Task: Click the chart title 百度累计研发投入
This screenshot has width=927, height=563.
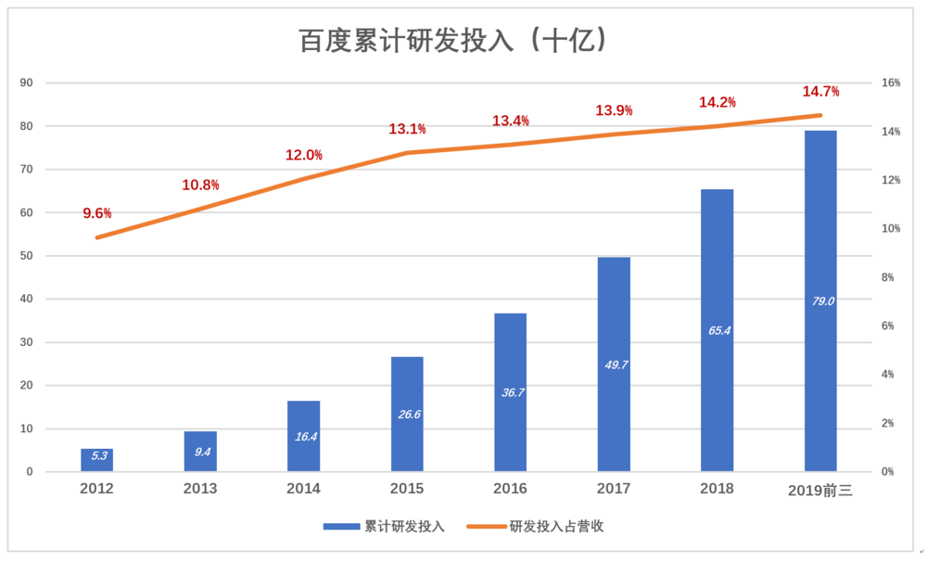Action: tap(406, 41)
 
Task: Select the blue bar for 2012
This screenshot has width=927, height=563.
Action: tap(97, 459)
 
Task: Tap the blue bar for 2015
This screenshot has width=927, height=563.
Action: tap(407, 414)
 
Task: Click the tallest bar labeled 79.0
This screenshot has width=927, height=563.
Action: tap(820, 301)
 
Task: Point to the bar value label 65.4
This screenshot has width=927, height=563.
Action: tap(719, 330)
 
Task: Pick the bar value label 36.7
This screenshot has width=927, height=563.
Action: tap(513, 392)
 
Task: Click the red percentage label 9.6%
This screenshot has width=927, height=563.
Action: tap(97, 213)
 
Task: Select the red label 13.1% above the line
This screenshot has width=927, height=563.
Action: tap(407, 129)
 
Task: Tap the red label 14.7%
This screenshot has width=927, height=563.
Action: tap(820, 91)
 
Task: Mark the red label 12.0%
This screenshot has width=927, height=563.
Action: tap(304, 155)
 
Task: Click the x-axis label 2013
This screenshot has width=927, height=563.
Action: tap(200, 489)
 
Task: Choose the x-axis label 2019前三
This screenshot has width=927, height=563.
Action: tap(820, 490)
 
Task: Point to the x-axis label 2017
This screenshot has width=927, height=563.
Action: tap(614, 489)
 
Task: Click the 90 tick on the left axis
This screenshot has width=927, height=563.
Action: tap(27, 83)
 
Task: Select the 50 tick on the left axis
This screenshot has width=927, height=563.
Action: tap(27, 255)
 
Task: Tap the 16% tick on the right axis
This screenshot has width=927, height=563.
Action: tap(891, 83)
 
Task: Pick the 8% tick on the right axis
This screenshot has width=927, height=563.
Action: tap(888, 277)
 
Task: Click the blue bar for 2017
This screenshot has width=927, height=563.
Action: tap(614, 365)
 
